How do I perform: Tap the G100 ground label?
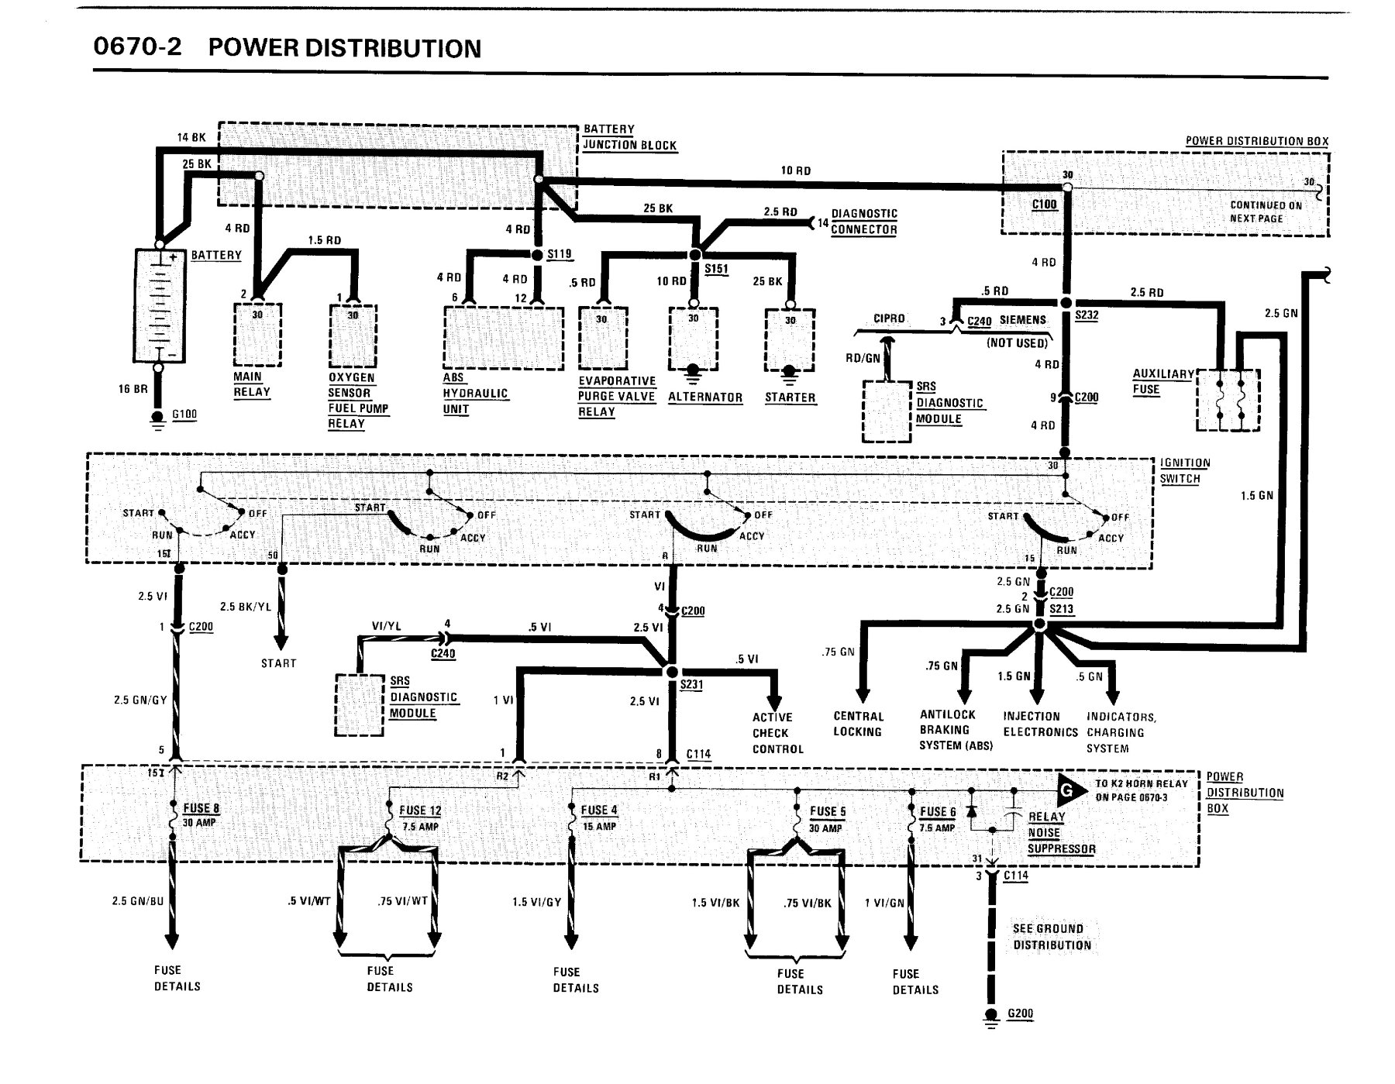184,415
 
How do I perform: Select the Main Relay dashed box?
257,334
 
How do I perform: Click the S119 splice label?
560,254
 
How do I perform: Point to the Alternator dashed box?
694,339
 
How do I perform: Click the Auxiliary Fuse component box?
1228,400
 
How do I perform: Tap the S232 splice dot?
1066,302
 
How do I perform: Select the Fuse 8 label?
201,808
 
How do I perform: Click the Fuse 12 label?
420,810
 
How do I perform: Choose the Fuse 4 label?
599,810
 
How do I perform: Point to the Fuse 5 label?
828,811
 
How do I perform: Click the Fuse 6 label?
938,812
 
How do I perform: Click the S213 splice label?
1062,609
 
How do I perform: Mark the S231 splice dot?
672,671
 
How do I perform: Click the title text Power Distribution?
344,48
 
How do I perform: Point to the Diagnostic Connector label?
864,222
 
